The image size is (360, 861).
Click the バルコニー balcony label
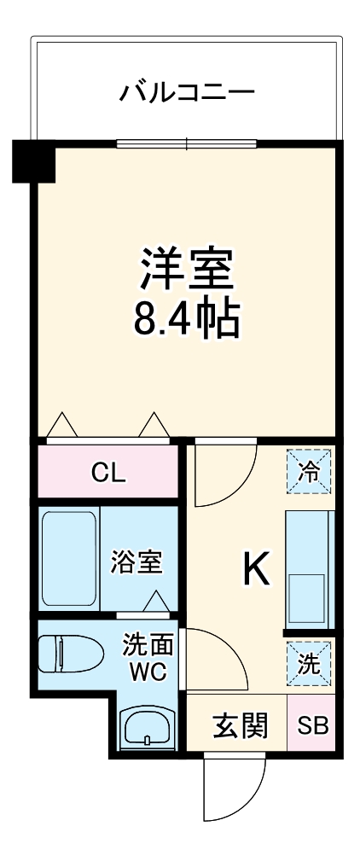(x=187, y=90)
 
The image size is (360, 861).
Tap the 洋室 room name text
(x=187, y=269)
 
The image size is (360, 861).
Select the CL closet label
(x=108, y=473)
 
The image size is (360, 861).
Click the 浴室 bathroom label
(x=136, y=561)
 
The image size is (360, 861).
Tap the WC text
(x=142, y=670)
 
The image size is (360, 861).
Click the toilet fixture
(x=66, y=654)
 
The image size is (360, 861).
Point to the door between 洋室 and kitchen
(x=224, y=474)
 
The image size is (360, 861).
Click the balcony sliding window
(x=187, y=143)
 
